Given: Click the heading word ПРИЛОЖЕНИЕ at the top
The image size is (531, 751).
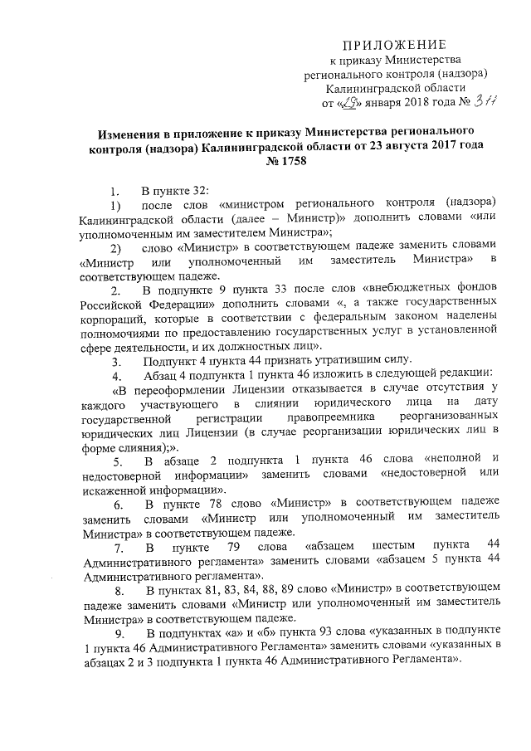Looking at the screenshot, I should [395, 44].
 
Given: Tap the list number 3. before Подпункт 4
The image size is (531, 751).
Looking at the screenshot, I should [118, 362].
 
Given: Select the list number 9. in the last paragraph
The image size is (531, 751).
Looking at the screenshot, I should [119, 636].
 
